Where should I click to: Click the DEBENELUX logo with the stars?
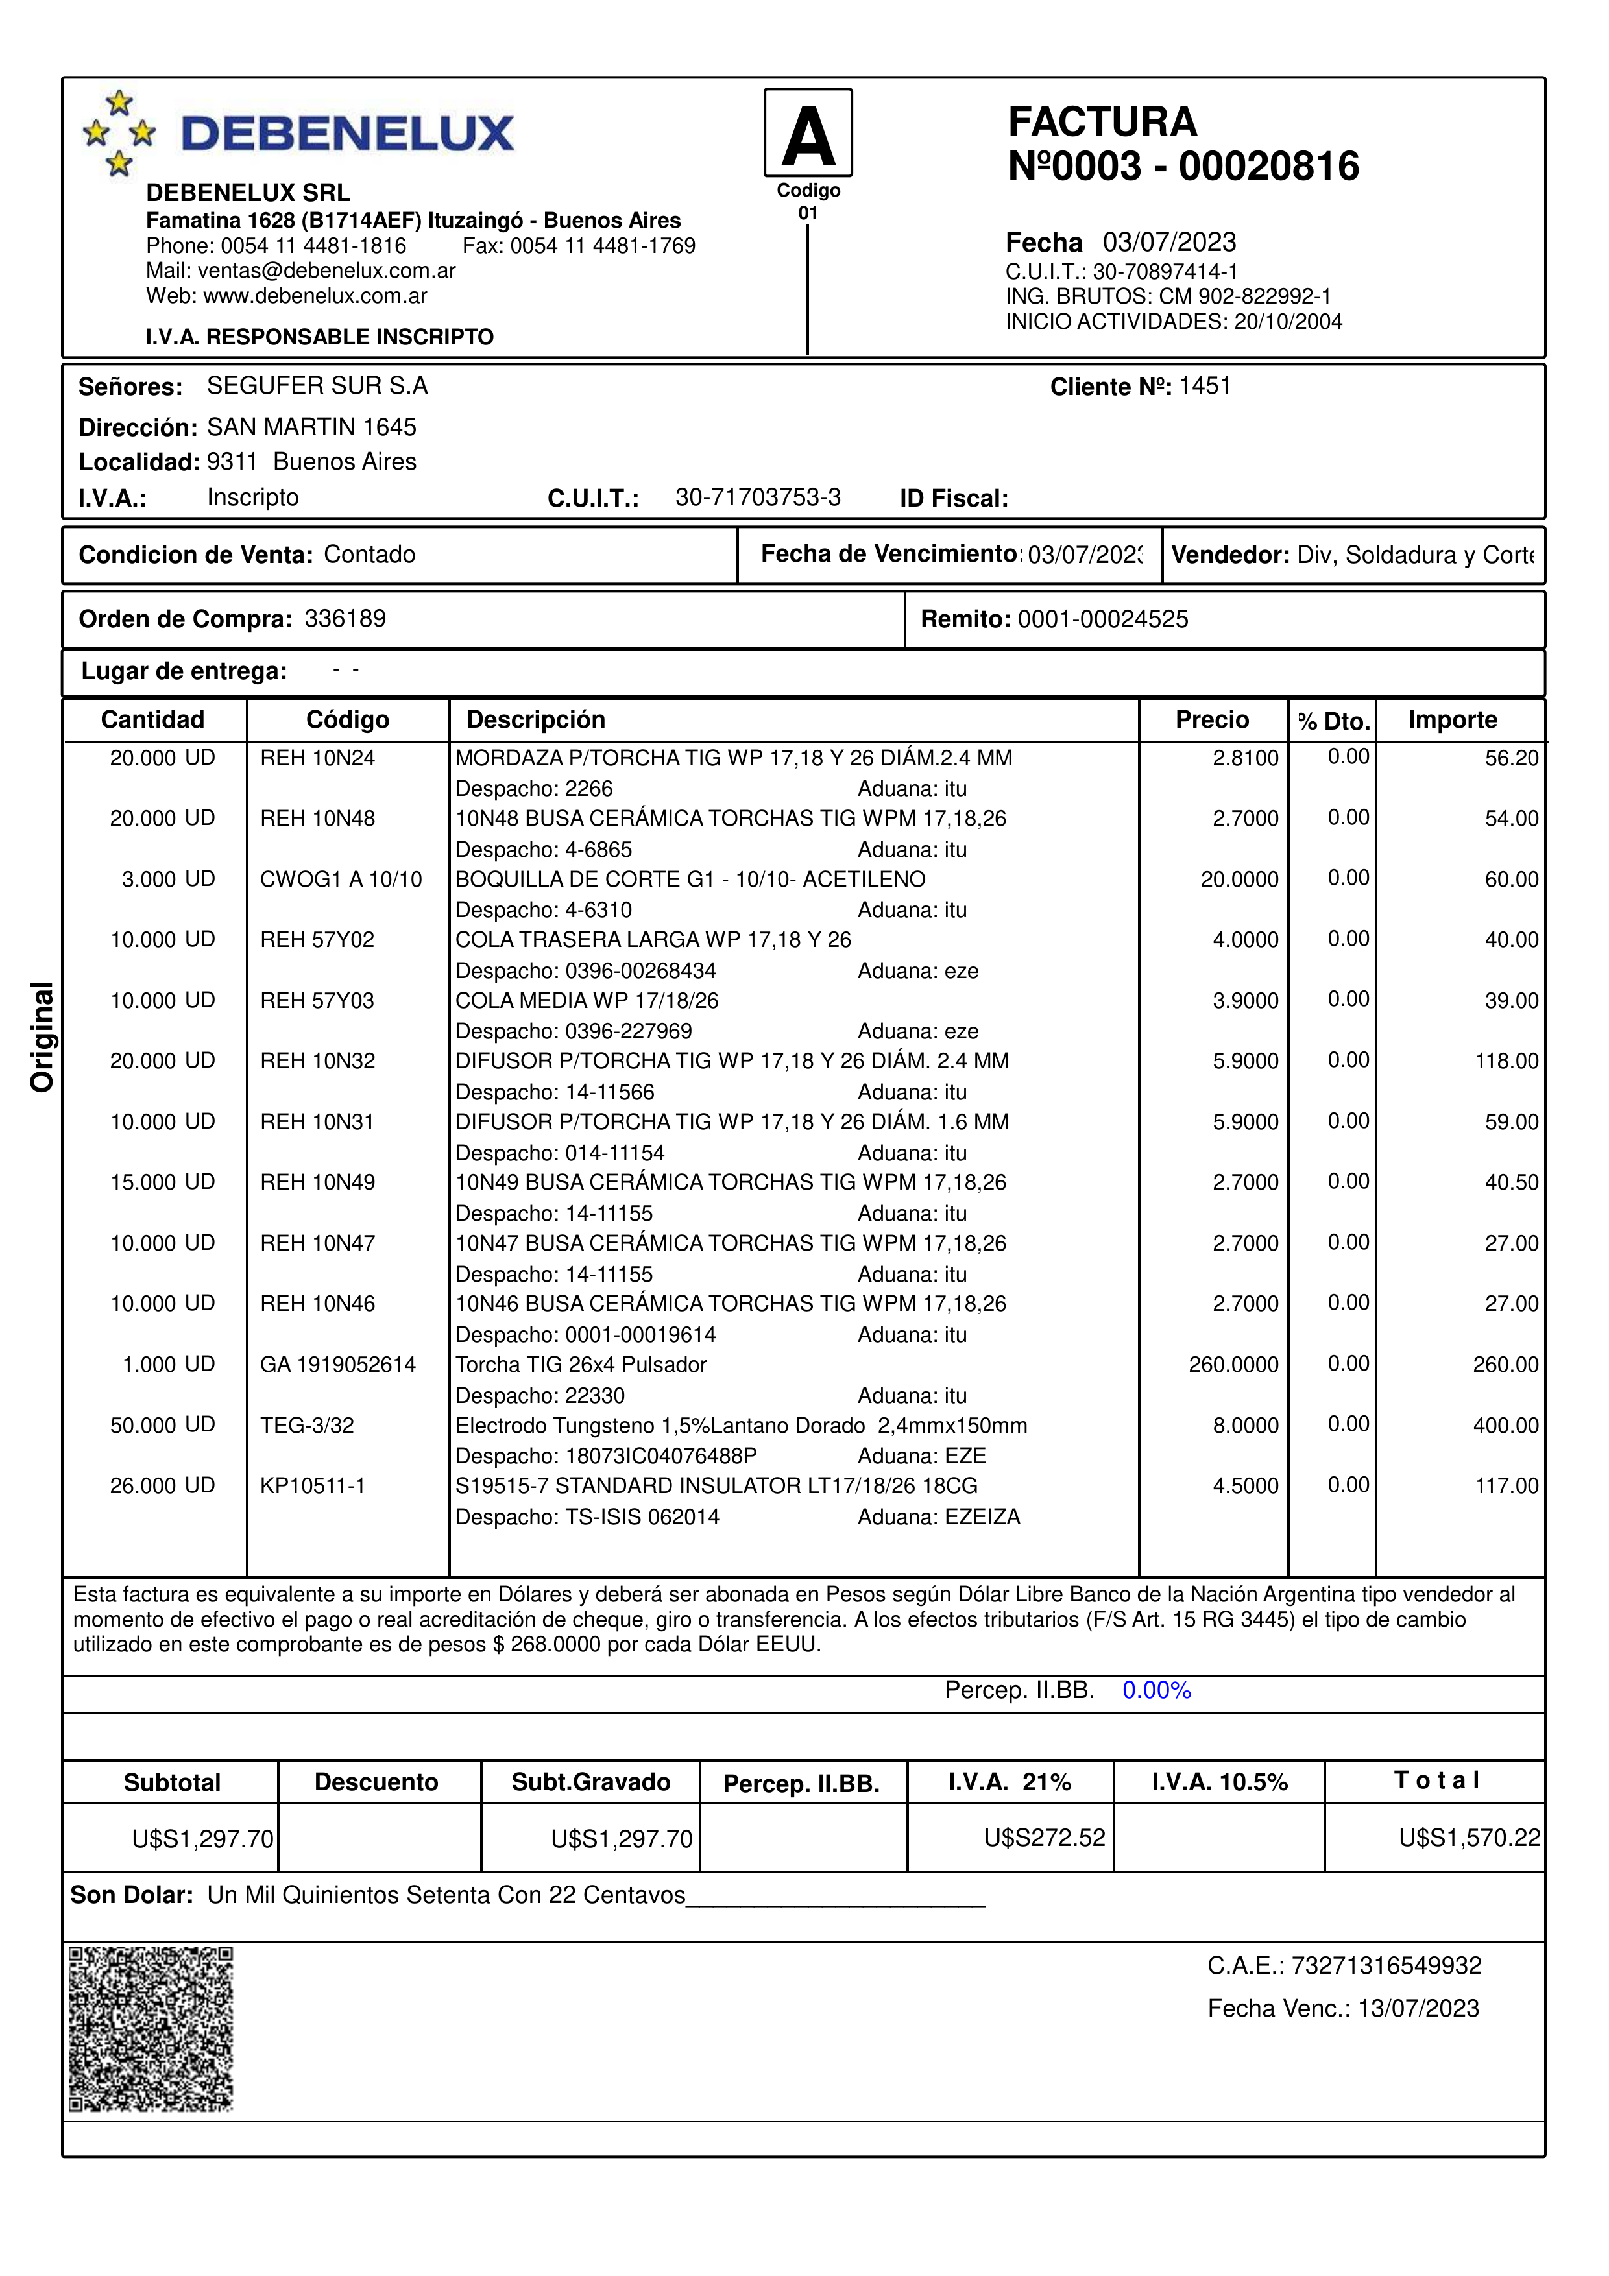point(297,133)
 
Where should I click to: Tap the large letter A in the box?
point(808,136)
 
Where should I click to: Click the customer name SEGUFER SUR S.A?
point(317,386)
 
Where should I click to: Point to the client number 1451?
point(1205,386)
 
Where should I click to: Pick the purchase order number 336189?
point(345,619)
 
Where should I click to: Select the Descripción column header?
point(535,720)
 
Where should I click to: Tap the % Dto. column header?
point(1333,722)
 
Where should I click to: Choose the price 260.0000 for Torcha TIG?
point(1233,1365)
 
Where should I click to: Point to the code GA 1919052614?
point(338,1365)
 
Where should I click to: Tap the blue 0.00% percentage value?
point(1156,1690)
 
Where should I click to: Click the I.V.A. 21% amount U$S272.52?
point(1044,1838)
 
